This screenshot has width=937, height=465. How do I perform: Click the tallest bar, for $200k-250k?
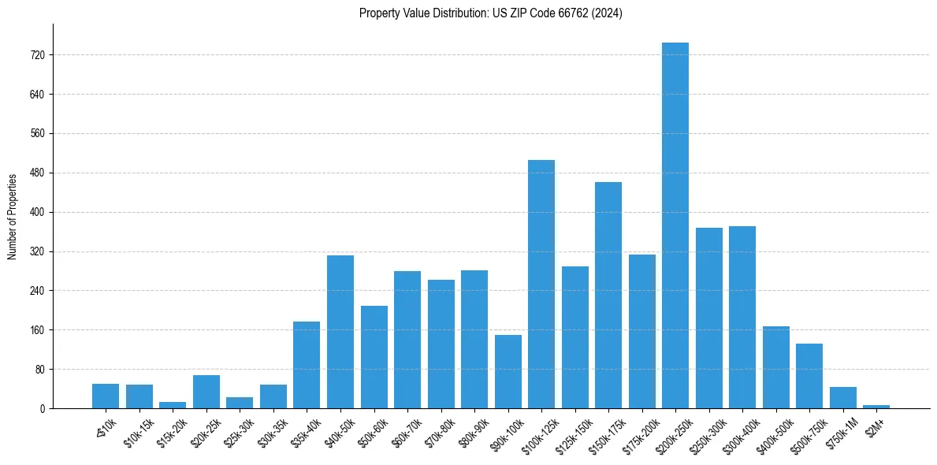(x=675, y=225)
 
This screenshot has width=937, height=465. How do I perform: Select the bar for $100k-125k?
(x=541, y=284)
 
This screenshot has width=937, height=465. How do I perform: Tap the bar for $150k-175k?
(x=608, y=295)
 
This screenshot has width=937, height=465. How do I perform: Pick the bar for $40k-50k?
(x=340, y=332)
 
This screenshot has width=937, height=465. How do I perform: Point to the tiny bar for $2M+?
(x=876, y=406)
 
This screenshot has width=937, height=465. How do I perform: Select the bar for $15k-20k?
(x=173, y=405)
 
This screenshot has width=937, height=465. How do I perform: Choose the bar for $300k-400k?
(x=742, y=317)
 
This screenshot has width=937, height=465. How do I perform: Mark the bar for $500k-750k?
(x=809, y=376)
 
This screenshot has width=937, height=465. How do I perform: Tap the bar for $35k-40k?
(x=307, y=365)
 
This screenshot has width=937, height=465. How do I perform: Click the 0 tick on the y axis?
(x=43, y=409)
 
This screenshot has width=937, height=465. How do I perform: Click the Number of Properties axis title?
(x=13, y=217)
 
